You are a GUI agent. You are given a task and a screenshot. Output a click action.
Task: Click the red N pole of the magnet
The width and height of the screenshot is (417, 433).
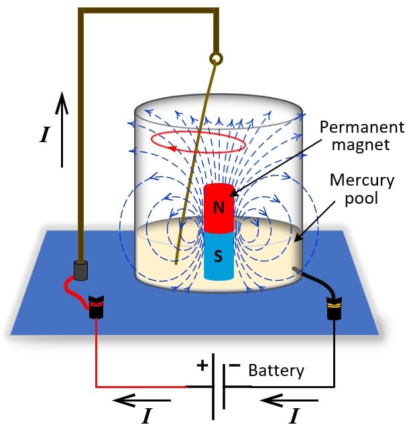[219, 206]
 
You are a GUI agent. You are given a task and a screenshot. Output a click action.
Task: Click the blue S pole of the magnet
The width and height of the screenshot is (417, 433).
[219, 255]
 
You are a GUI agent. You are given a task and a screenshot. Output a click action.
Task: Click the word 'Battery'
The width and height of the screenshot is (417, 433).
[276, 370]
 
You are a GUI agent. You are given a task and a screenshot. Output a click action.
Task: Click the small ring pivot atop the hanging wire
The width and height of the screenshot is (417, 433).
[216, 60]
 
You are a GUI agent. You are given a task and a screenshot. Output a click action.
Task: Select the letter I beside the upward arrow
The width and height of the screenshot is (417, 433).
[44, 135]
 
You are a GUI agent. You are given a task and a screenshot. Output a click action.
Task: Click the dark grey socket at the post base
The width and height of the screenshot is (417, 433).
[80, 269]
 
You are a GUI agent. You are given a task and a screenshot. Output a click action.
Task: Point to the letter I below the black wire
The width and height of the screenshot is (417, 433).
[293, 417]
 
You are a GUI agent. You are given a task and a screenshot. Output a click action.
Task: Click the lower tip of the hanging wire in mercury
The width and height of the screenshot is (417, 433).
[176, 263]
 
